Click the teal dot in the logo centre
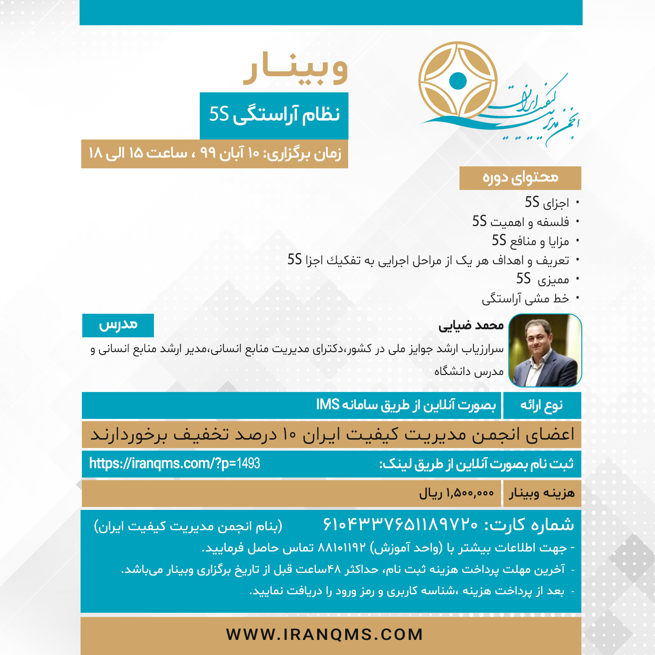tap(458, 81)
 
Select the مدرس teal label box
tap(118, 325)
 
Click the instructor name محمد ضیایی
tap(471, 326)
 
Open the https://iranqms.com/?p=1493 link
tap(174, 463)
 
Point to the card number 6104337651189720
tap(400, 525)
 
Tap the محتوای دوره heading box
tap(520, 178)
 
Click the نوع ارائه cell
tap(542, 405)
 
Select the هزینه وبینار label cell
tap(542, 493)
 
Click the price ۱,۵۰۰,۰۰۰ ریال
tap(456, 493)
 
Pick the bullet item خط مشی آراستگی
tap(525, 299)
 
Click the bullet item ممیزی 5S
tap(542, 279)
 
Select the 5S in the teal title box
tap(219, 114)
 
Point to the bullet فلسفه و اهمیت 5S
tap(520, 222)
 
